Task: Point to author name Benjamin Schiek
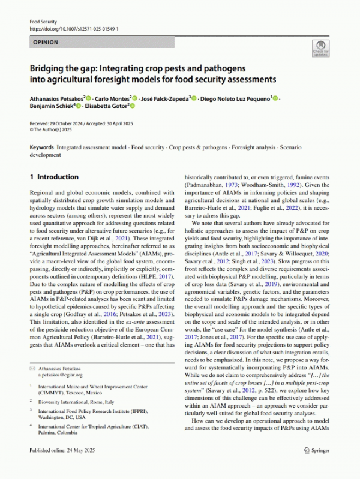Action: (x=51, y=107)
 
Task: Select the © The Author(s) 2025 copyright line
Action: (x=53, y=128)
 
